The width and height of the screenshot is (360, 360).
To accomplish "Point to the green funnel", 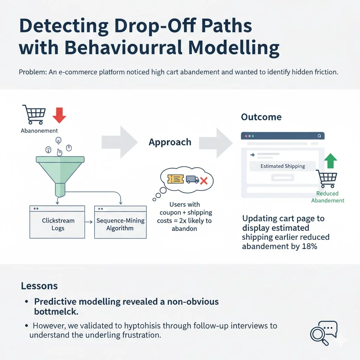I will click(x=60, y=172).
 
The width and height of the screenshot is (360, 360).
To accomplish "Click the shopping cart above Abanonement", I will click(x=34, y=114).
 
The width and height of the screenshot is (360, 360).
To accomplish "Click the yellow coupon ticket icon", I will click(x=176, y=179).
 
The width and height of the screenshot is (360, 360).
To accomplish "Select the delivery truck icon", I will click(x=192, y=180).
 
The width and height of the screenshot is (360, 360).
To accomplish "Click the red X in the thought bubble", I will click(x=204, y=181).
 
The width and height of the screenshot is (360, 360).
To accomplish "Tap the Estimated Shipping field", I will click(x=283, y=166).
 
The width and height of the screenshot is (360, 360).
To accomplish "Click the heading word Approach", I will click(x=170, y=142).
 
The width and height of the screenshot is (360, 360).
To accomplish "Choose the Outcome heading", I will click(x=261, y=117).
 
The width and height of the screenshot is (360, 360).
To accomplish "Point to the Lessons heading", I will click(x=39, y=285).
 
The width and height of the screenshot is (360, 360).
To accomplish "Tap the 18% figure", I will click(x=309, y=246).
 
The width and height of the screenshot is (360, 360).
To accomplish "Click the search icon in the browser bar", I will click(x=319, y=136).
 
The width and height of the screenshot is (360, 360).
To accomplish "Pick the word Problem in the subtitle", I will click(x=31, y=72).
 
